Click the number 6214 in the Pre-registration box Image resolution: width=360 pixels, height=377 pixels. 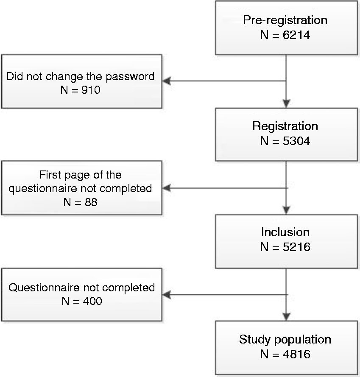(x=296, y=35)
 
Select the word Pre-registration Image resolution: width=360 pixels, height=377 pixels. (x=285, y=20)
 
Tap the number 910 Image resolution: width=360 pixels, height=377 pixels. (x=91, y=90)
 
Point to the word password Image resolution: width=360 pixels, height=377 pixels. (x=130, y=77)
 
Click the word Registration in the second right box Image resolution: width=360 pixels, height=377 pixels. (x=285, y=126)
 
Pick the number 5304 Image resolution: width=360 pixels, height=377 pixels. (x=296, y=141)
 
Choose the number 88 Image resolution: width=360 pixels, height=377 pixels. (x=91, y=202)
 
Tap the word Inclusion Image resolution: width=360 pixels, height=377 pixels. (x=285, y=232)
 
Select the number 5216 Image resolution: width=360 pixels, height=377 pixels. (x=296, y=247)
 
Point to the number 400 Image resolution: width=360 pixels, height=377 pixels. (x=92, y=301)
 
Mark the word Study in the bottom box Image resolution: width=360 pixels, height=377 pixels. (x=255, y=340)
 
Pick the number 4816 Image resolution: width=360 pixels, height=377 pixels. (x=296, y=355)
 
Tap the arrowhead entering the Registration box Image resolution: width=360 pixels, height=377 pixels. (x=286, y=103)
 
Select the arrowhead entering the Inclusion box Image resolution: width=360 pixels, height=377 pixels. (x=286, y=210)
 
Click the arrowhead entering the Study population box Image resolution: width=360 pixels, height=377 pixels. (x=286, y=316)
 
